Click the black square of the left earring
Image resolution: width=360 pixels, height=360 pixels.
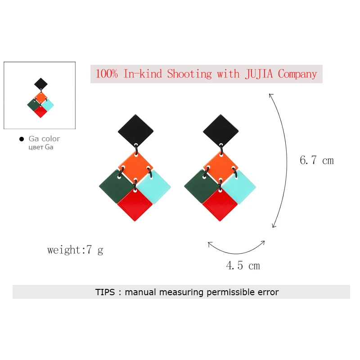(x=136, y=130)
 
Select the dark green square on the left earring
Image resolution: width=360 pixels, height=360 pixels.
(x=115, y=186)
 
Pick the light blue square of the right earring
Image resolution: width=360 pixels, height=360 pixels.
(x=239, y=187)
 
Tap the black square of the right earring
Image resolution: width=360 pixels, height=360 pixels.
(x=221, y=130)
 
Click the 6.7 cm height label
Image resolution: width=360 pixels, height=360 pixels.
(x=317, y=160)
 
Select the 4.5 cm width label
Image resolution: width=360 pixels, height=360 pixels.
(x=243, y=265)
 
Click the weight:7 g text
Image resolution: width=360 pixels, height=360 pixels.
(x=75, y=250)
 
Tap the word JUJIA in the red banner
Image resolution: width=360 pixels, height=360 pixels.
(x=259, y=74)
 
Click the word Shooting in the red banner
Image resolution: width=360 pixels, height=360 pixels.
(x=189, y=74)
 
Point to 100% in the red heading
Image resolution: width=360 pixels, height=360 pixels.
(x=107, y=74)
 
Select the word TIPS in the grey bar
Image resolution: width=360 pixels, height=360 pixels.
(x=105, y=292)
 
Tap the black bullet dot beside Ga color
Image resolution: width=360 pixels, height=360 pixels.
(x=22, y=139)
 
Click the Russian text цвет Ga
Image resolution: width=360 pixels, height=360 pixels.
(x=41, y=147)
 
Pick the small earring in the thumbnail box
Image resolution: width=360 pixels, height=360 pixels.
(x=40, y=98)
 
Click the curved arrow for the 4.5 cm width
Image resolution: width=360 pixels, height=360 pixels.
(x=237, y=253)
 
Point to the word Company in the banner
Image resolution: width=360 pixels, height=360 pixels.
(x=297, y=74)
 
